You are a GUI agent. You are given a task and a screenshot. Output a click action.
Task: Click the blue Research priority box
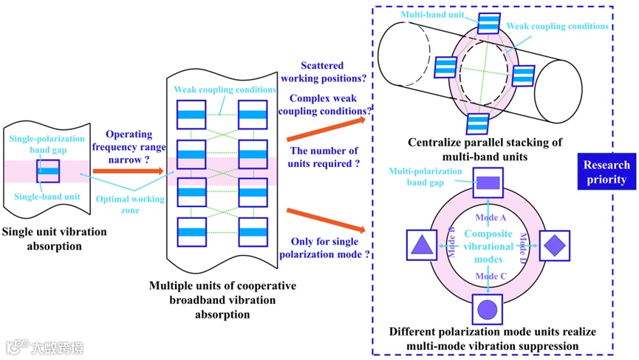click(606, 171)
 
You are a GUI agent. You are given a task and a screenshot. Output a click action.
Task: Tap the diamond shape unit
click(555, 245)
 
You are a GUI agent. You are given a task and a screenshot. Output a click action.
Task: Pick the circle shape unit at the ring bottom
click(488, 308)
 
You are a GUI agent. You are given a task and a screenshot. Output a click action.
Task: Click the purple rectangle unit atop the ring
click(488, 182)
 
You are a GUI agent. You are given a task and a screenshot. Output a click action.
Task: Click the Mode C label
click(488, 276)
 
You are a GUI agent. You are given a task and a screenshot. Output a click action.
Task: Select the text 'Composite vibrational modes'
click(488, 247)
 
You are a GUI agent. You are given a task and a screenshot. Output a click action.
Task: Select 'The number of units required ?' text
click(325, 157)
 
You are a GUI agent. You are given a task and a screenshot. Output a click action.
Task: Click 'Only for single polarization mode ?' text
click(325, 248)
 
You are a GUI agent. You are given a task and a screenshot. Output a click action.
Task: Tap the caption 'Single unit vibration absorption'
click(55, 239)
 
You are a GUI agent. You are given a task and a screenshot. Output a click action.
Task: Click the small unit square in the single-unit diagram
click(49, 170)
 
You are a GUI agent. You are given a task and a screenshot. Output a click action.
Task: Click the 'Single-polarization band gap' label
click(46, 143)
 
